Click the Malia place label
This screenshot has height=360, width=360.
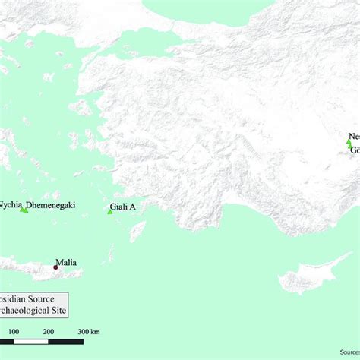pos(67,263)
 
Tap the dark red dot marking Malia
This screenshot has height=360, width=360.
pos(55,267)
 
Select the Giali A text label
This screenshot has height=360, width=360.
pos(123,206)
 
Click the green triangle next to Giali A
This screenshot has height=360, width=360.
pos(109,211)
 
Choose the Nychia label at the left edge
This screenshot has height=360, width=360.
pos(11,204)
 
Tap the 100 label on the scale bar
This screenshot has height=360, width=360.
pos(14,332)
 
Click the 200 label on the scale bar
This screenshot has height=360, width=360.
pos(48,332)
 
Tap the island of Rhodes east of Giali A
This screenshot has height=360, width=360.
pos(137,230)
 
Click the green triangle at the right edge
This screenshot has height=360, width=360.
pos(349,143)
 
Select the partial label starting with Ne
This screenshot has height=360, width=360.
pos(353,136)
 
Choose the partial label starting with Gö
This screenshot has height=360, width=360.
pos(355,150)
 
